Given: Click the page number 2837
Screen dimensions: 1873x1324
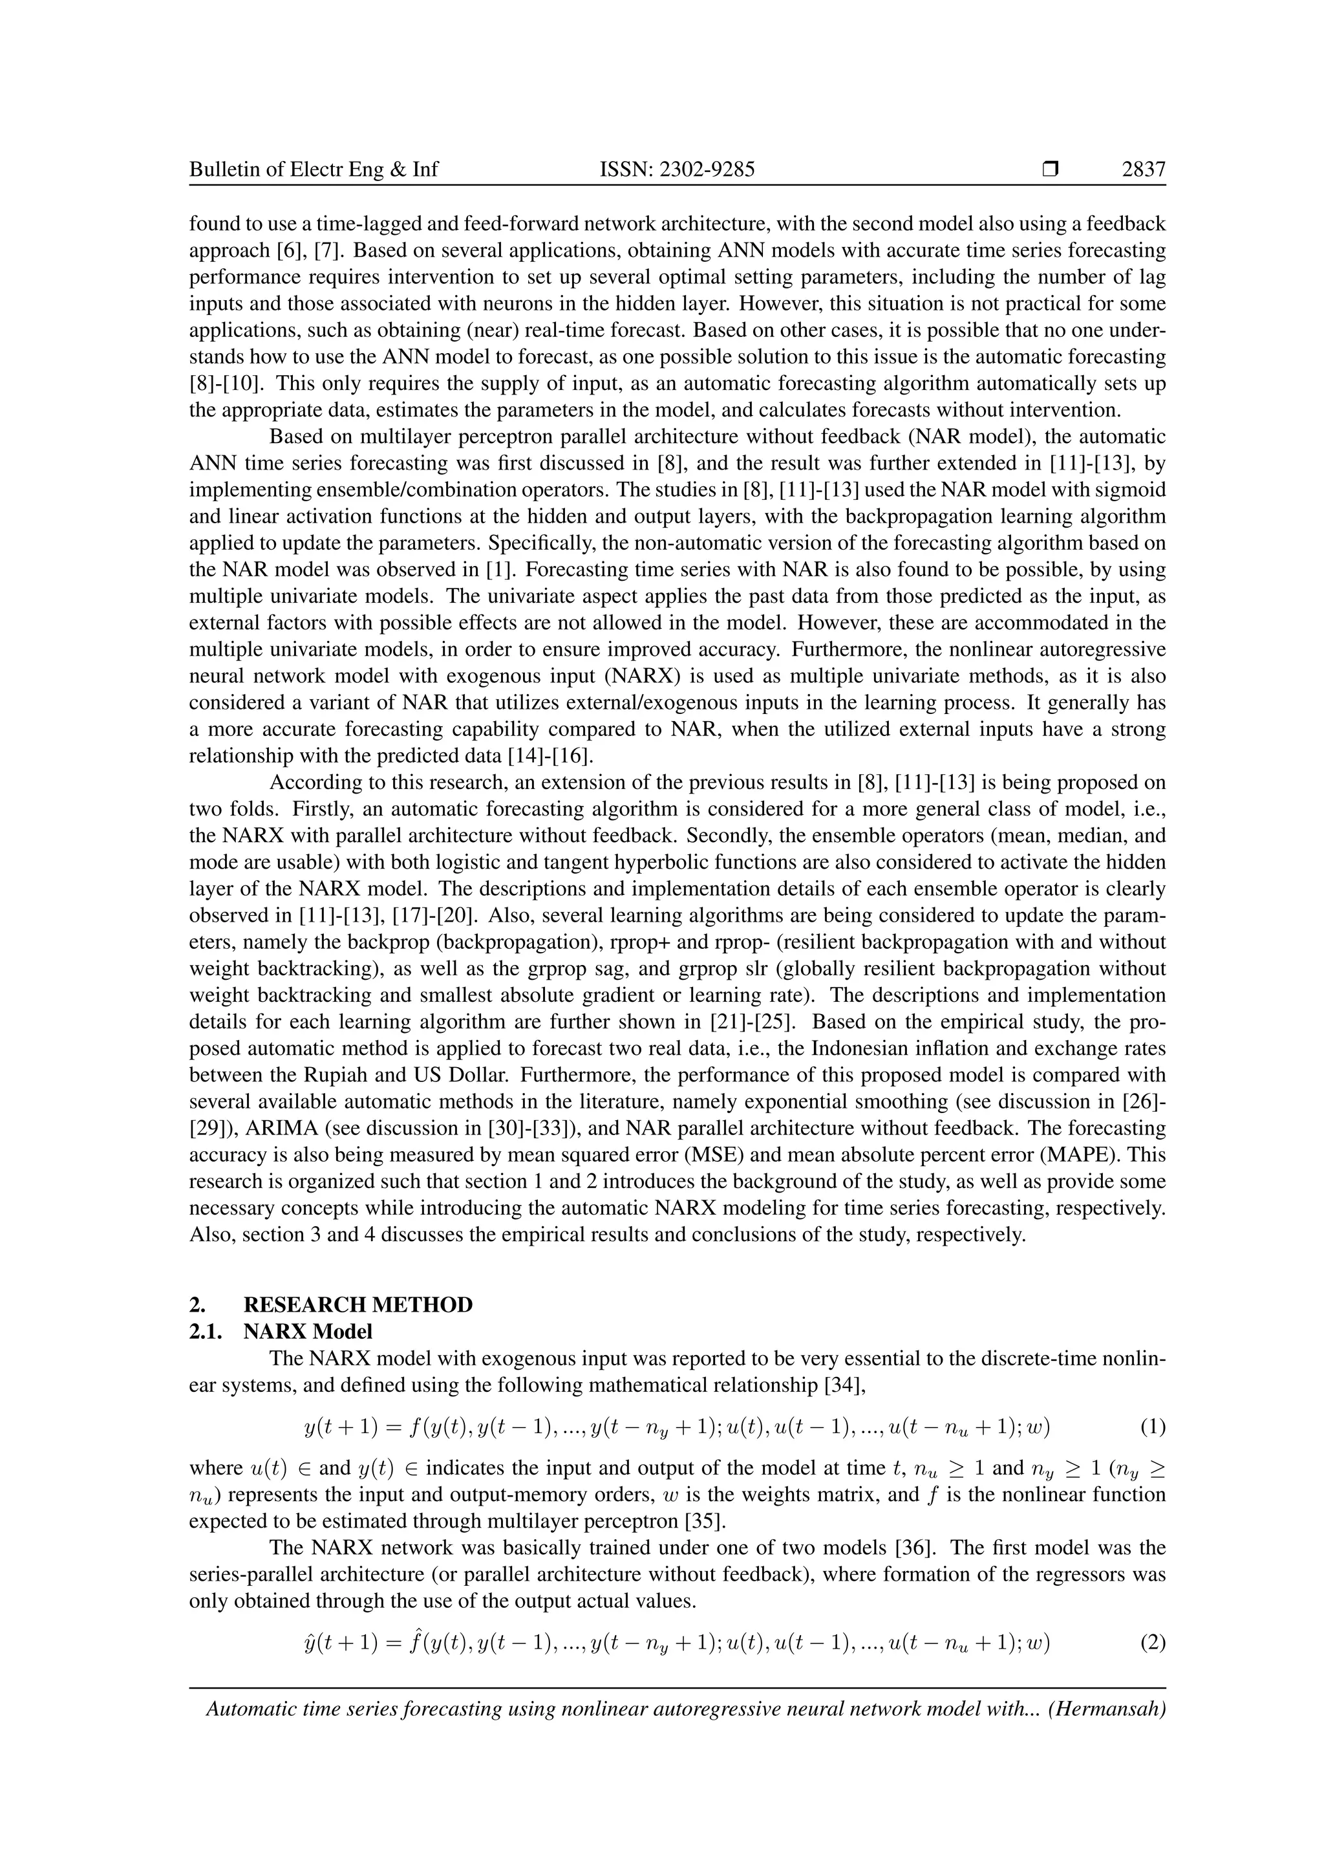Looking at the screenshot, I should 1143,169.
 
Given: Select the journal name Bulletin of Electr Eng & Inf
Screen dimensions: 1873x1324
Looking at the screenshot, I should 314,169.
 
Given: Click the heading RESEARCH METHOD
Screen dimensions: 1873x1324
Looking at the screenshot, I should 358,1305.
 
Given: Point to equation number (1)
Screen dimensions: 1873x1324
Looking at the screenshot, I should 1152,1427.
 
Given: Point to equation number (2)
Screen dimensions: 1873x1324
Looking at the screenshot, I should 1152,1641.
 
